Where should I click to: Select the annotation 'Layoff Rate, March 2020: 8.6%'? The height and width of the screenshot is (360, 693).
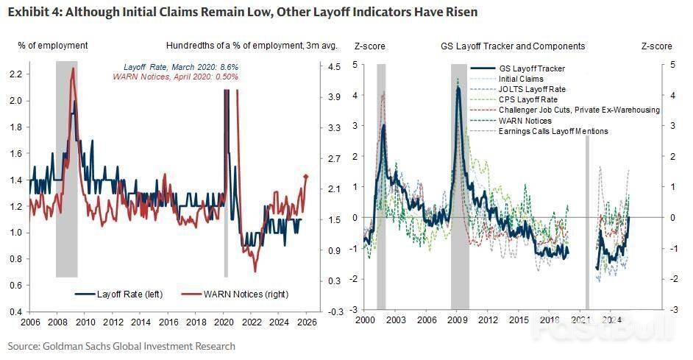191,67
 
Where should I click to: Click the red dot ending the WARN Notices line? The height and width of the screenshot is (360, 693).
306,176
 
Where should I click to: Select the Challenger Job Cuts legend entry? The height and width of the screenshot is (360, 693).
579,110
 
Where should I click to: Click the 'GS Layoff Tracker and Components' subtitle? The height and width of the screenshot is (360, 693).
513,46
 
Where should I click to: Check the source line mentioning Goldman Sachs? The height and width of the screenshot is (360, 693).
121,346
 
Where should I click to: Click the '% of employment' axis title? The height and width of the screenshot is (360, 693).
53,46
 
